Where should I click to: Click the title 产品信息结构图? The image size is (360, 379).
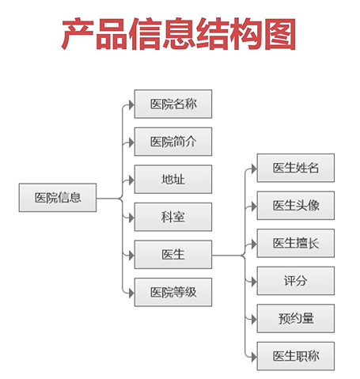point(180,35)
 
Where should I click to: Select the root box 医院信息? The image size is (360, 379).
point(58,198)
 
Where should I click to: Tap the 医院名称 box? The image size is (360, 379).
point(173,104)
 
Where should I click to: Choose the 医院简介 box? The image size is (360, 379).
point(173,142)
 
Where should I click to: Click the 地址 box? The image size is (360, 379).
point(173,180)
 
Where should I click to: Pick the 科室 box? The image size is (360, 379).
point(173,217)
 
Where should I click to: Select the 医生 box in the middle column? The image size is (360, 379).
point(173,255)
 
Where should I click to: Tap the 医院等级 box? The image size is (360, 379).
point(173,293)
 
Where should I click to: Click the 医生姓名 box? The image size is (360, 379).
point(296,168)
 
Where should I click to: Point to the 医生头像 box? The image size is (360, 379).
point(296,206)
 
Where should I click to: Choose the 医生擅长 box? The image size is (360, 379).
point(296,243)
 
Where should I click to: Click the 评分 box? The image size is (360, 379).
point(296,281)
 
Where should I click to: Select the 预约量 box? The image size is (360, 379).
point(296,319)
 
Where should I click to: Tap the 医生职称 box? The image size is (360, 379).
point(296,356)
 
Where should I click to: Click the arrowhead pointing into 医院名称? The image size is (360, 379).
point(130,104)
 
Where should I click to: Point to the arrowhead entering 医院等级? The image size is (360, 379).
point(130,293)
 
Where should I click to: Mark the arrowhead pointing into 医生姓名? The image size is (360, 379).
point(252,168)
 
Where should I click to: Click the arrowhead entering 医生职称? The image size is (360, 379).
point(252,356)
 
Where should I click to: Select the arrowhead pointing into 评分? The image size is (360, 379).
point(252,281)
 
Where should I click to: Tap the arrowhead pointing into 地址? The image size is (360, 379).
point(130,180)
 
